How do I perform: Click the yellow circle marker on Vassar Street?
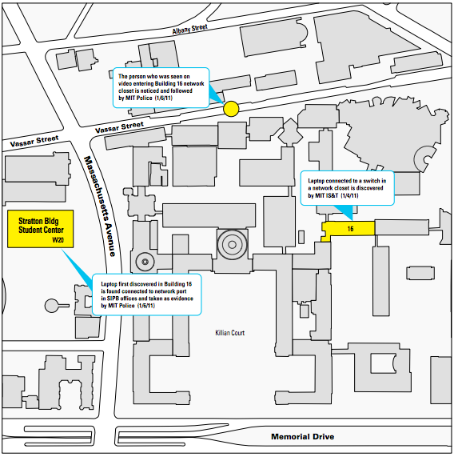[x=231, y=109]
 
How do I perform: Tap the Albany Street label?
[x=189, y=29]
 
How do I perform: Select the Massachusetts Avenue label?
[x=100, y=206]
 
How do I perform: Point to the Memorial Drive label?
[x=303, y=437]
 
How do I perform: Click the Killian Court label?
[x=230, y=333]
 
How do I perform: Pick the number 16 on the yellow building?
[x=350, y=229]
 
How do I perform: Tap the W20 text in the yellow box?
[x=58, y=240]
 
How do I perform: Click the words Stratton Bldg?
[x=38, y=221]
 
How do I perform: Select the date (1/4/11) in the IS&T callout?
[x=349, y=195]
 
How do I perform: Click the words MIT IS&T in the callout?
[x=327, y=195]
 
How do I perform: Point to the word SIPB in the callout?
[x=113, y=299]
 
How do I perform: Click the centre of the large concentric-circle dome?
[x=232, y=245]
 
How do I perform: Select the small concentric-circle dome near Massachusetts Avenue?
[x=145, y=262]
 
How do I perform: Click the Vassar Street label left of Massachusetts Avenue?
[x=34, y=142]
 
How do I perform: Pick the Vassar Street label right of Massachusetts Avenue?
[x=120, y=128]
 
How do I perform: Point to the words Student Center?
[x=41, y=230]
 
